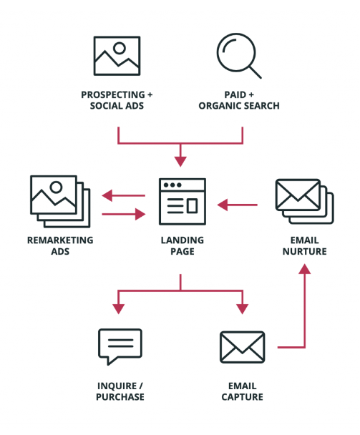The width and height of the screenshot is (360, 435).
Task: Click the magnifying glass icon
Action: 236,53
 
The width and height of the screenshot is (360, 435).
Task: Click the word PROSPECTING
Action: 113,95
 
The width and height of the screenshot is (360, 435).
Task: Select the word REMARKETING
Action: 60,240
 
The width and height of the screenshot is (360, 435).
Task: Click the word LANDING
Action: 183,240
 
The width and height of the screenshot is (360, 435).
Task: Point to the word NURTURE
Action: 304,251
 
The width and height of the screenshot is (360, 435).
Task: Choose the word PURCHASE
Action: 120,397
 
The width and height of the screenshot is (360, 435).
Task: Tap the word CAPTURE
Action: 242,397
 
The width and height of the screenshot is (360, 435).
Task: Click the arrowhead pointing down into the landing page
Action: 180,161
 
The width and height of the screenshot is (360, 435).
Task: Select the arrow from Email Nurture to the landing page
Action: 238,205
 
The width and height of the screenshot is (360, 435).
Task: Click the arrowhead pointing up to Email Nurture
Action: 304,268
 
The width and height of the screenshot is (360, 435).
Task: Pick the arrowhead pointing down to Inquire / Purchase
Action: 119,309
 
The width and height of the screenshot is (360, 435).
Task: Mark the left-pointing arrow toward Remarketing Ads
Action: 124,195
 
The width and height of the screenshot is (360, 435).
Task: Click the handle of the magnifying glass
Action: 255,72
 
